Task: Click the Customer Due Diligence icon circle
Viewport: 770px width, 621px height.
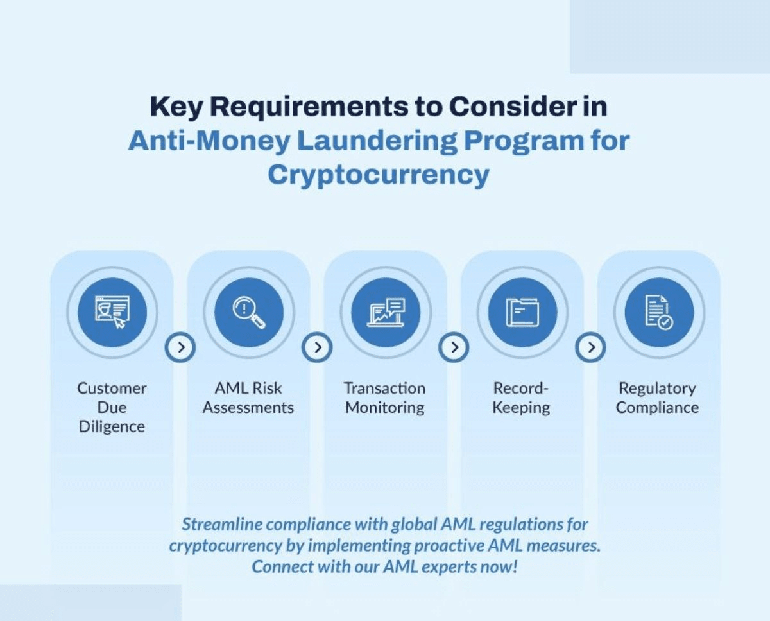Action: pyautogui.click(x=112, y=313)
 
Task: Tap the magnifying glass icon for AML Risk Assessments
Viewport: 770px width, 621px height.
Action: pyautogui.click(x=248, y=313)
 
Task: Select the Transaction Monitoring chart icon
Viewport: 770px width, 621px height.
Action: pyautogui.click(x=385, y=313)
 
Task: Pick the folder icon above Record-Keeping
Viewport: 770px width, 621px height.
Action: pyautogui.click(x=522, y=313)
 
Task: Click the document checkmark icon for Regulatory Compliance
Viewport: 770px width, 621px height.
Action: pyautogui.click(x=658, y=313)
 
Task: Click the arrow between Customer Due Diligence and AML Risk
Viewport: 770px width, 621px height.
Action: pyautogui.click(x=180, y=347)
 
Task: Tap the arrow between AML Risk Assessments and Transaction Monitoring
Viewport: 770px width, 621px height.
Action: pyautogui.click(x=317, y=347)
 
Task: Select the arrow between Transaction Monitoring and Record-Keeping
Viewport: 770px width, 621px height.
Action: pyautogui.click(x=454, y=347)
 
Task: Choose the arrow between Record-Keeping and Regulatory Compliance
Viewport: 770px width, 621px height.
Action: pyautogui.click(x=590, y=347)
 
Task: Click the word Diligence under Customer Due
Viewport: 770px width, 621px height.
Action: pyautogui.click(x=112, y=427)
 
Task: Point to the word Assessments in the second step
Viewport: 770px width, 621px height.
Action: pyautogui.click(x=248, y=408)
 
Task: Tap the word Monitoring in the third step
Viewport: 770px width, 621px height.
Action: pyautogui.click(x=385, y=408)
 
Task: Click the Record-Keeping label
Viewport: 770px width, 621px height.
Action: pyautogui.click(x=521, y=398)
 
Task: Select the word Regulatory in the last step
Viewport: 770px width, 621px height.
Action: pyautogui.click(x=657, y=389)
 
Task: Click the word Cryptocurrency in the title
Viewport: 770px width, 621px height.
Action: pyautogui.click(x=378, y=175)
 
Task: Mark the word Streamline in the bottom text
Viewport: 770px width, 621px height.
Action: pyautogui.click(x=220, y=525)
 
